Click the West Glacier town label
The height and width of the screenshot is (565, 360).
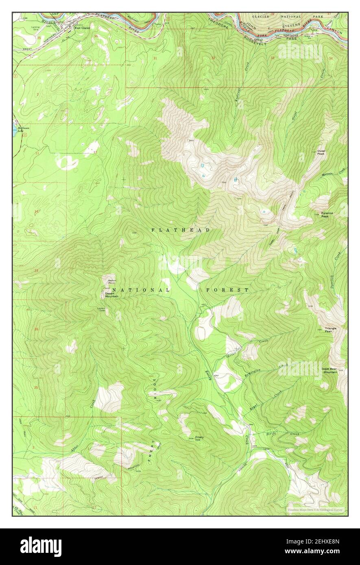tap(82, 28)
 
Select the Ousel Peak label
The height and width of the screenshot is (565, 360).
tap(321, 152)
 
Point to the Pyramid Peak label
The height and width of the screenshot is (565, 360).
tap(325, 215)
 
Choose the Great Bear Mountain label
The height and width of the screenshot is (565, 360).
tap(329, 370)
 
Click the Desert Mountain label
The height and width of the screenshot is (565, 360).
tap(111, 295)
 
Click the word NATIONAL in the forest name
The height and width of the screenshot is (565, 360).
tap(141, 290)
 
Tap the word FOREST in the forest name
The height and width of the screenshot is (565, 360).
tap(227, 290)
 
